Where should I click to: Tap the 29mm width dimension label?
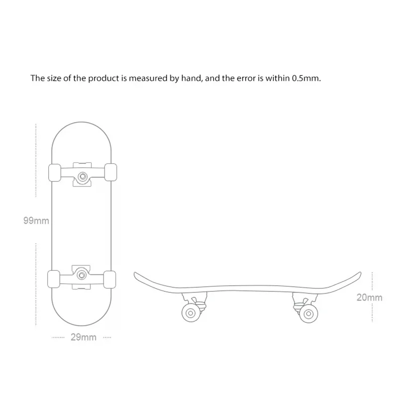[x=83, y=337]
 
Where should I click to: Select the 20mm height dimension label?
[x=369, y=297]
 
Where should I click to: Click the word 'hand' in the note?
[x=190, y=78]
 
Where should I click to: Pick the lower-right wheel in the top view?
[x=111, y=278]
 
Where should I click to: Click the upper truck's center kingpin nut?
[x=82, y=175]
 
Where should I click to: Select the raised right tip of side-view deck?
[x=359, y=274]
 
